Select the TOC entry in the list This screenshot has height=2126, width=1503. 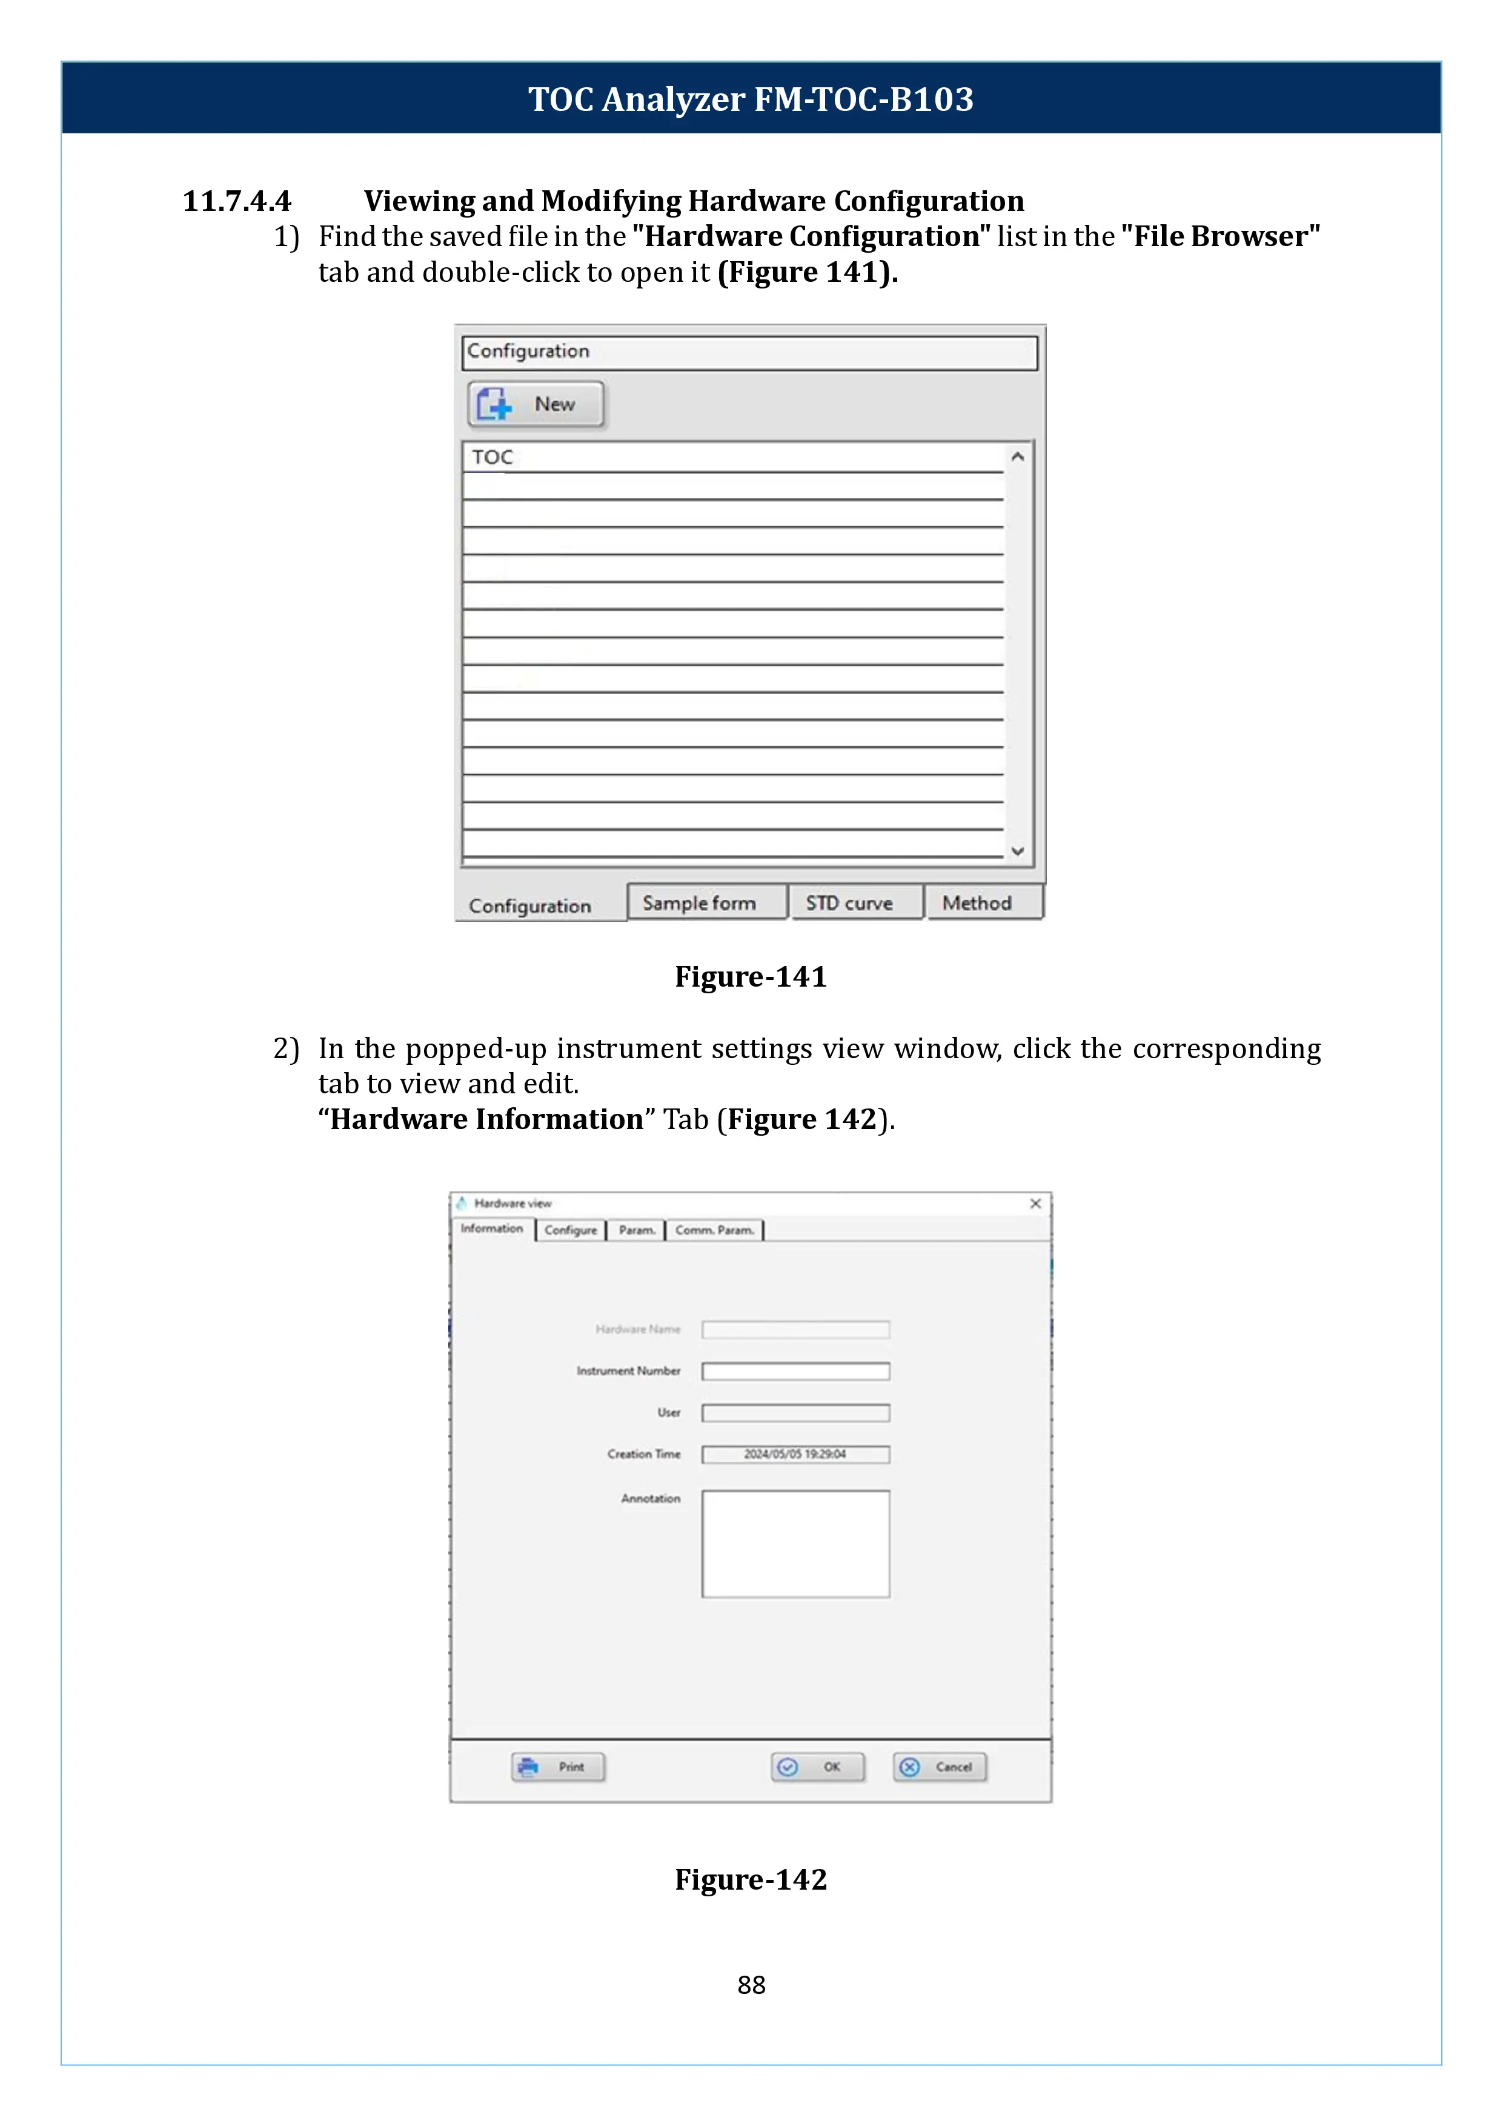point(493,458)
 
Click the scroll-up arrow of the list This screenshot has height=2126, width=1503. point(1017,456)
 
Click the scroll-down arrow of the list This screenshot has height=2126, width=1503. point(1017,851)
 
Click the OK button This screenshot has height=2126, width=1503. point(818,1767)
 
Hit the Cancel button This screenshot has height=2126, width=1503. point(940,1767)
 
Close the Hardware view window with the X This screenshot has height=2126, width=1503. point(1036,1204)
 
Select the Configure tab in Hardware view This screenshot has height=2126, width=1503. point(570,1230)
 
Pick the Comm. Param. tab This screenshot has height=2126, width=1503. point(714,1230)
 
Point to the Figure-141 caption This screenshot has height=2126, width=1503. point(751,977)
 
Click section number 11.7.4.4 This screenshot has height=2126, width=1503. point(237,201)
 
